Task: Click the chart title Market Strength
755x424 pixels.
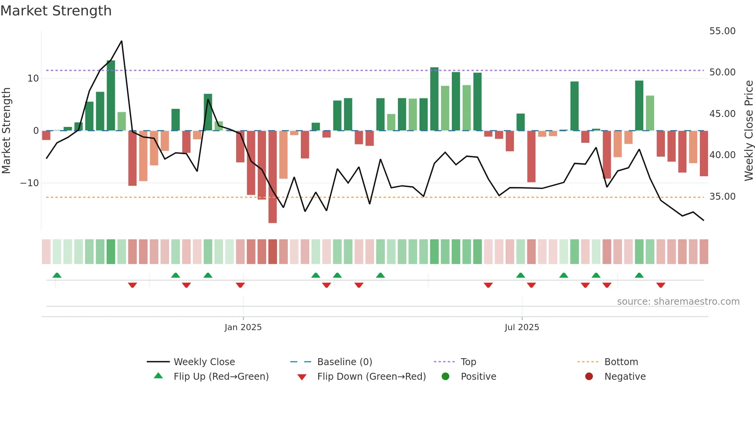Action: pyautogui.click(x=56, y=11)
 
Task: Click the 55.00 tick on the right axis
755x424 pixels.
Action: pyautogui.click(x=722, y=31)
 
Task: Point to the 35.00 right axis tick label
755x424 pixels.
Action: pyautogui.click(x=722, y=197)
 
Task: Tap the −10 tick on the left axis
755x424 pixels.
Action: pyautogui.click(x=30, y=183)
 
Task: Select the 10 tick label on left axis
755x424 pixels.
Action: pyautogui.click(x=33, y=78)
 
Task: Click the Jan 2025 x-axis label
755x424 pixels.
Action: pyautogui.click(x=243, y=327)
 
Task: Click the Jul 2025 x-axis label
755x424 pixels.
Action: pyautogui.click(x=522, y=327)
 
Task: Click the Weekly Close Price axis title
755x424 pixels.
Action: pyautogui.click(x=748, y=130)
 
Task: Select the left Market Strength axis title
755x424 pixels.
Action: pyautogui.click(x=6, y=130)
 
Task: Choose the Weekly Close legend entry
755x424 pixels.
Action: pyautogui.click(x=204, y=362)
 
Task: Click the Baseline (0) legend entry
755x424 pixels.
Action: pyautogui.click(x=344, y=362)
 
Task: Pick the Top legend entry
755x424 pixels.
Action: pyautogui.click(x=468, y=362)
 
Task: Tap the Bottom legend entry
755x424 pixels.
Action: pyautogui.click(x=621, y=362)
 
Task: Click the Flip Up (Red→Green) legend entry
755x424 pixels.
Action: pyautogui.click(x=221, y=377)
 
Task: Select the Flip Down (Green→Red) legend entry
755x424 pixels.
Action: pyautogui.click(x=371, y=377)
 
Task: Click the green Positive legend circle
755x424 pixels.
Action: pyautogui.click(x=445, y=377)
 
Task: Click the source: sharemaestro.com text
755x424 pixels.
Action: pyautogui.click(x=678, y=302)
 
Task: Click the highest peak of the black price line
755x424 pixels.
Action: pyautogui.click(x=122, y=41)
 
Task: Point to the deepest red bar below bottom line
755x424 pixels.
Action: pyautogui.click(x=272, y=177)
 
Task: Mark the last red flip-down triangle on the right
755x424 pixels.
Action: pyautogui.click(x=661, y=285)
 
